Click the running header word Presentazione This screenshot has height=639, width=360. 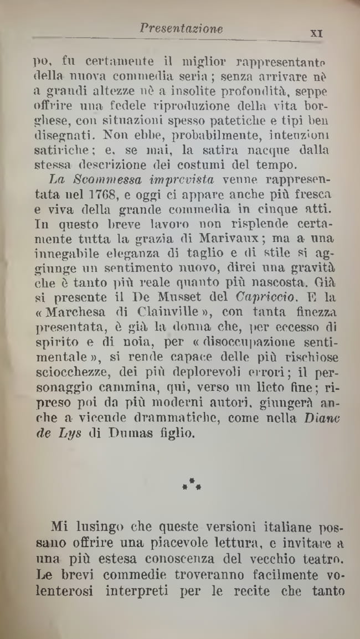pyautogui.click(x=181, y=28)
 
